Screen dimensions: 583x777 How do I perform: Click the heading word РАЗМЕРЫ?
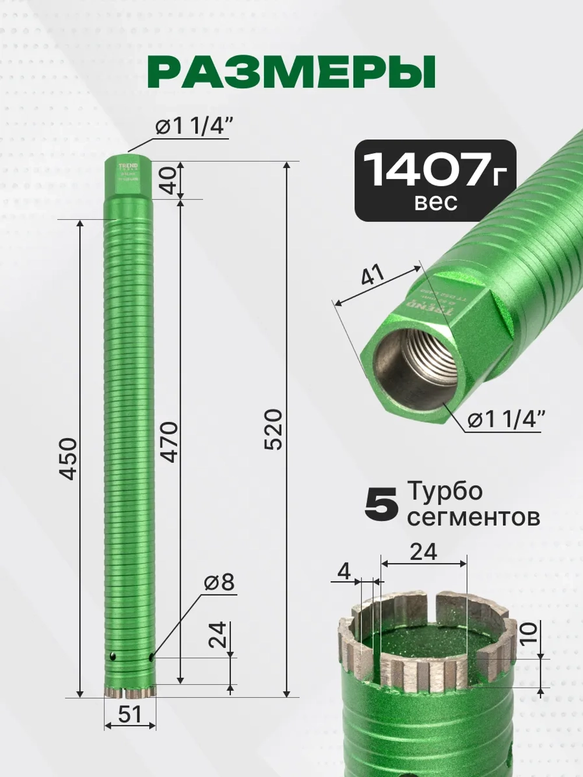click(291, 72)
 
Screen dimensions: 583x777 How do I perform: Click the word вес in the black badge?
click(436, 202)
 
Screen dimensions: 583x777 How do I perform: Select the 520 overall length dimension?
click(273, 430)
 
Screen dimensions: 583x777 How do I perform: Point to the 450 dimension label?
click(68, 459)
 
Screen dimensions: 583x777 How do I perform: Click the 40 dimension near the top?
click(170, 180)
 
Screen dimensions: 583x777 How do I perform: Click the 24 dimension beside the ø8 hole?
click(217, 635)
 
